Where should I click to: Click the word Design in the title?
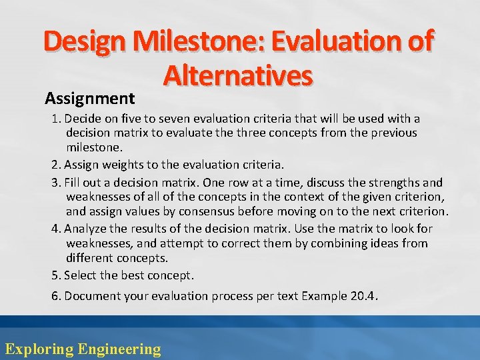tap(84, 42)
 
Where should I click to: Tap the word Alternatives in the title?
tap(238, 76)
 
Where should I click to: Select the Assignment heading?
tap(90, 99)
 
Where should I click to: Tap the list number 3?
tap(55, 183)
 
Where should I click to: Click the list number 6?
tap(55, 296)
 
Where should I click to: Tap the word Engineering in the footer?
tap(119, 349)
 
